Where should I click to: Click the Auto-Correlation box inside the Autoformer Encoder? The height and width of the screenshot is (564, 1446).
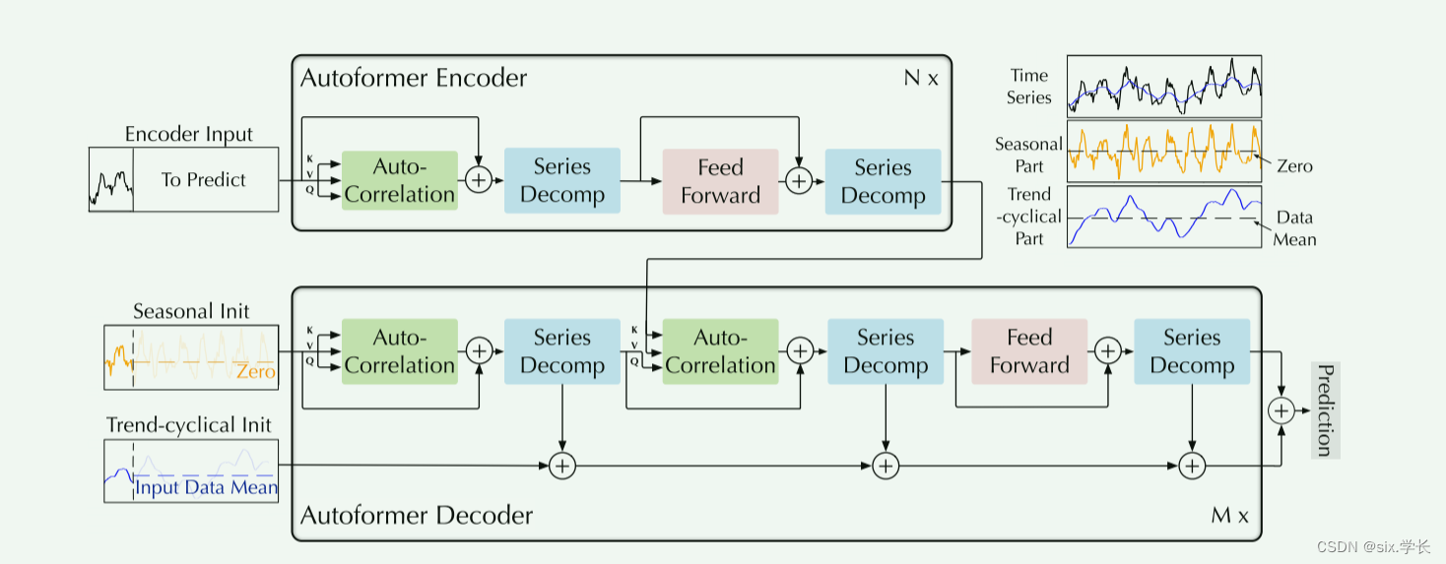400,180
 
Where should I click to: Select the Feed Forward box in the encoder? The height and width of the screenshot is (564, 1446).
720,181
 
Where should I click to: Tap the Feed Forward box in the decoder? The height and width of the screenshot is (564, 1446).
1029,351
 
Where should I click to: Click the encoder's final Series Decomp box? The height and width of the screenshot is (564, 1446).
883,181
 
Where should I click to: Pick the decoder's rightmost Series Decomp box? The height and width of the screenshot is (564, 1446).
1192,351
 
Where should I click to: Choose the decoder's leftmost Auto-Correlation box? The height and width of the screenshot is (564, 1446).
400,351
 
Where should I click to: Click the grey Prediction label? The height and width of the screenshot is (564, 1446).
1326,410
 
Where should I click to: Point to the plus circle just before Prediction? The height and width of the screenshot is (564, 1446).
1282,410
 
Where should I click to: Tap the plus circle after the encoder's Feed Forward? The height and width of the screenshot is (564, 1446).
799,181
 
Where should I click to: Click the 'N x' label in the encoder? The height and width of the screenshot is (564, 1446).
921,78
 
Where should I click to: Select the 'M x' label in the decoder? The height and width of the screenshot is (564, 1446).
1229,515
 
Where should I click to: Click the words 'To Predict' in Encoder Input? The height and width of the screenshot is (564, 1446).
204,180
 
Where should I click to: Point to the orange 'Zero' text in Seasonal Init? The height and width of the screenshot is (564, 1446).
255,372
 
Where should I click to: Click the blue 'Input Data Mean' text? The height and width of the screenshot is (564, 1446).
207,487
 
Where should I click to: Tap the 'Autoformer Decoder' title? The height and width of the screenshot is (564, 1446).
417,515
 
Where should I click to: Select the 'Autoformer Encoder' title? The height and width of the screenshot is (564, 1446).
414,78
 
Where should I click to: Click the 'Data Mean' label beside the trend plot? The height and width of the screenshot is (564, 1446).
1294,228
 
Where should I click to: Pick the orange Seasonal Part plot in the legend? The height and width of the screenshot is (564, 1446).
1164,151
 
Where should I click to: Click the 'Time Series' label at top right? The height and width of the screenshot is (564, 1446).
1029,87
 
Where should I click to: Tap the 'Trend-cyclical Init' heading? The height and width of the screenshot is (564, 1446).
189,425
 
